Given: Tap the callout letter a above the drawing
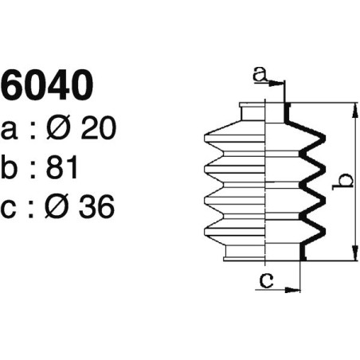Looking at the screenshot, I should [x=259, y=74].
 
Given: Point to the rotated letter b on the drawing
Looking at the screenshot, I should [x=340, y=182].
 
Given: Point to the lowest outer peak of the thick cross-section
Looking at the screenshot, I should [x=323, y=229].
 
